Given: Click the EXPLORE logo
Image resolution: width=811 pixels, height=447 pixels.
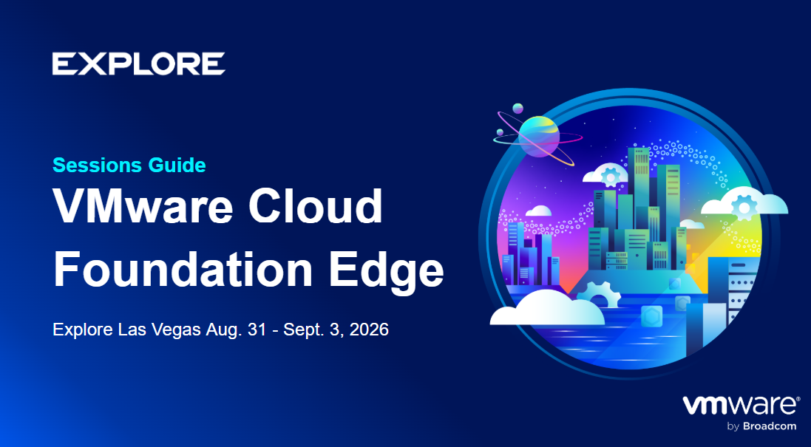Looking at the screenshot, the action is point(138,64).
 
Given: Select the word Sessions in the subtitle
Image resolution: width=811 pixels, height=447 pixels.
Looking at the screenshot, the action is point(98,166).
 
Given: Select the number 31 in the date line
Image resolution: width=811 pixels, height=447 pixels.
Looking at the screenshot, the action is point(257,330).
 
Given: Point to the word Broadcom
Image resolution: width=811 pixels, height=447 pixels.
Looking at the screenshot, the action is point(770,427).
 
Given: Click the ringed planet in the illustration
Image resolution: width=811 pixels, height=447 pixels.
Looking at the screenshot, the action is point(538,136).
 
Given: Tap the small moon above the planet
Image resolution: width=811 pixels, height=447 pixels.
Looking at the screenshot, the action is point(518,109).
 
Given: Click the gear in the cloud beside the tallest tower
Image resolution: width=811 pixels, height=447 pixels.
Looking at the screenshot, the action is point(611,177).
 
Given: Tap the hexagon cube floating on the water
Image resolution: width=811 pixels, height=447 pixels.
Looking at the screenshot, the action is point(651,316).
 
